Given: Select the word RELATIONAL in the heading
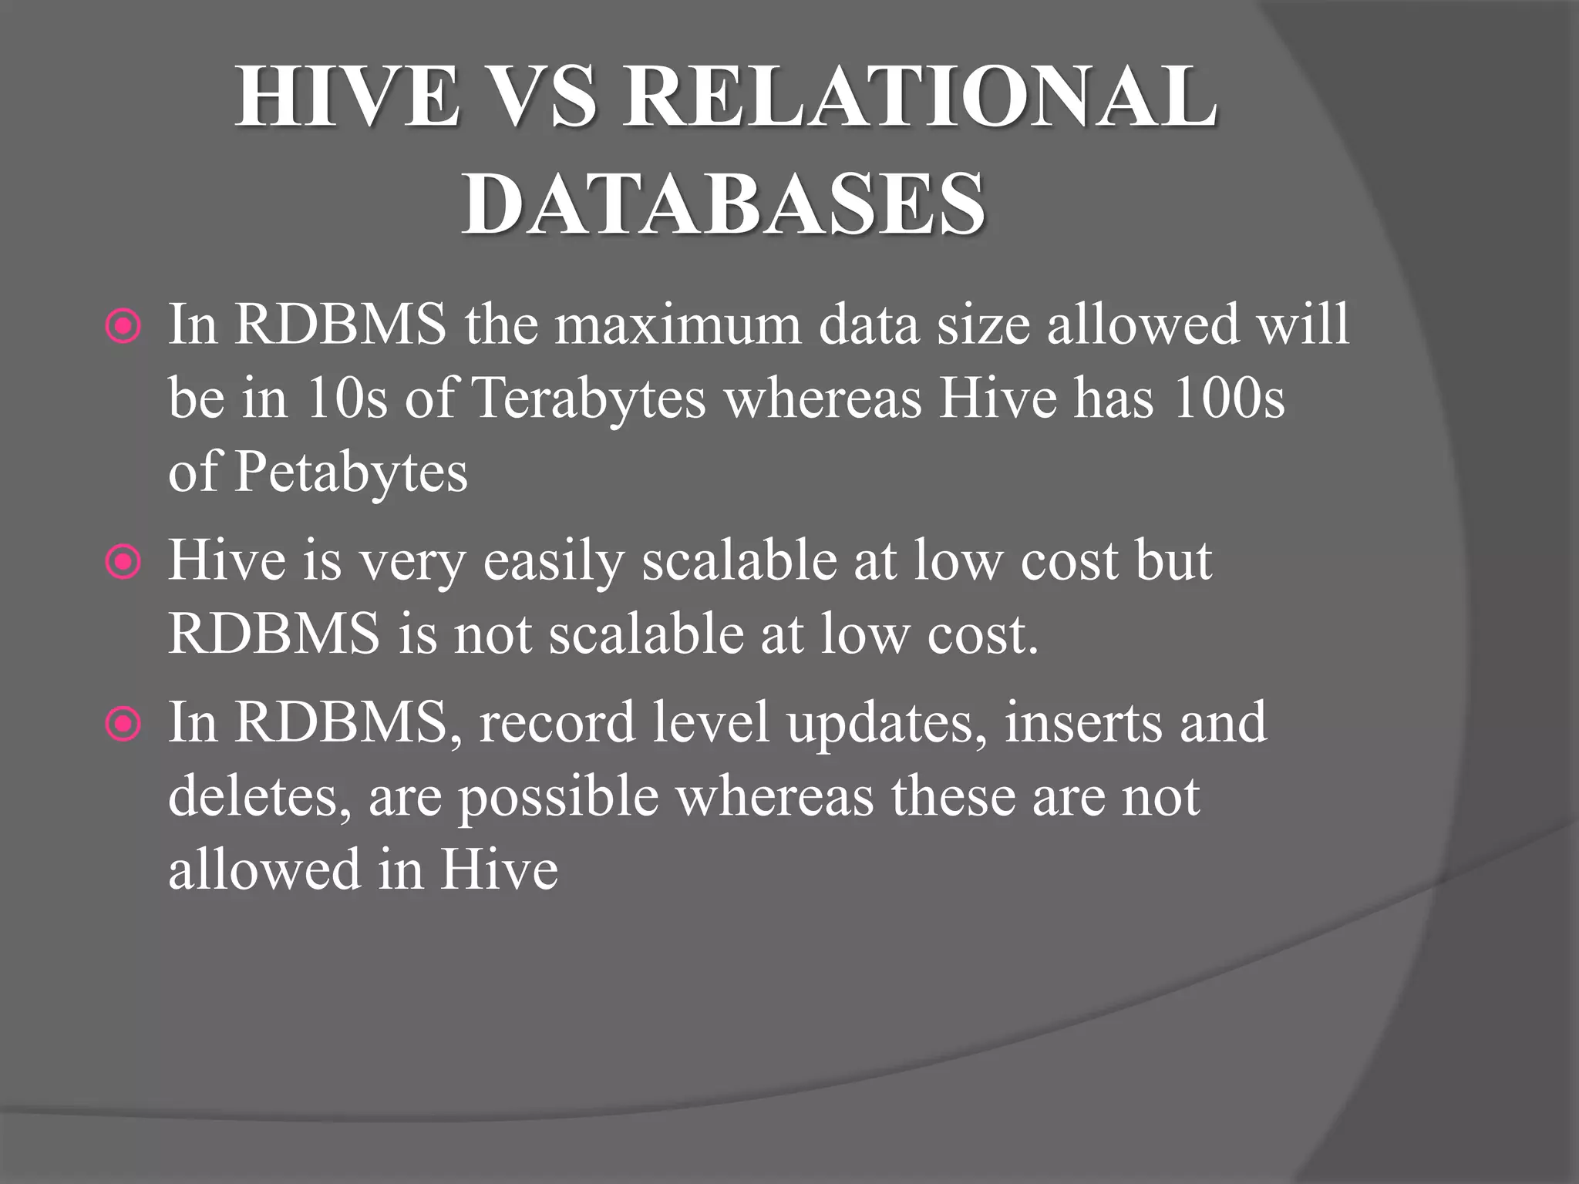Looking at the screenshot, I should coord(921,97).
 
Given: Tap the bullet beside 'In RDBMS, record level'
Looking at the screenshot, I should coord(123,725).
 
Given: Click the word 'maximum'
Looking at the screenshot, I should coord(678,325).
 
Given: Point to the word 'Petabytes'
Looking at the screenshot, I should coord(351,472).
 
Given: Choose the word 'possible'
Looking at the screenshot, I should coord(559,797).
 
